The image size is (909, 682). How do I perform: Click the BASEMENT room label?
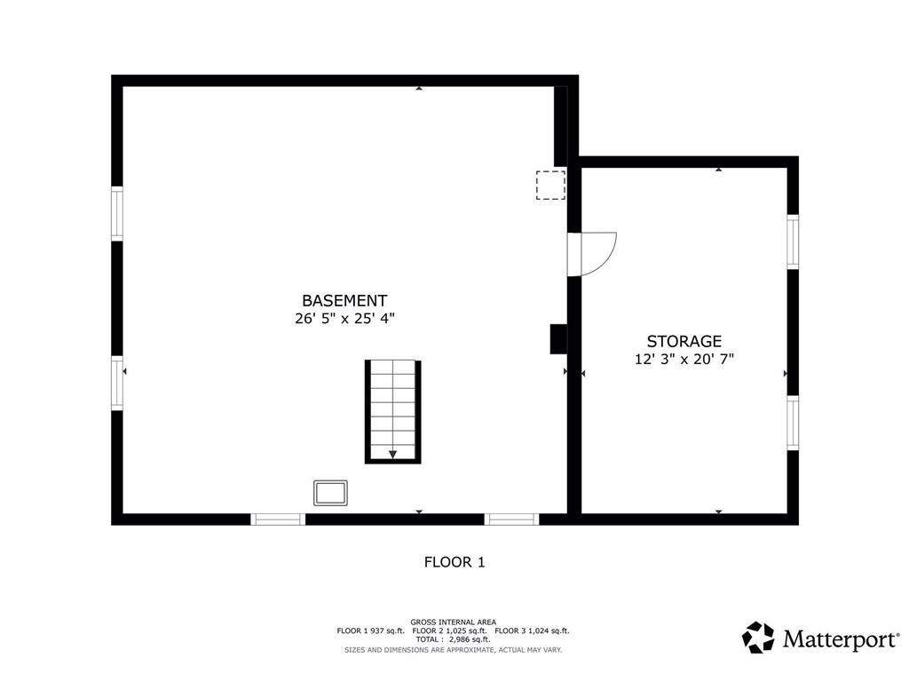click(x=344, y=300)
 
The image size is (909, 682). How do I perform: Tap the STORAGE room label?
click(x=684, y=341)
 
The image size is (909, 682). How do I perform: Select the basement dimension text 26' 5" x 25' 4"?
click(x=344, y=319)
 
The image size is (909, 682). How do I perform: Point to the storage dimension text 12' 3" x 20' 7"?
click(x=684, y=359)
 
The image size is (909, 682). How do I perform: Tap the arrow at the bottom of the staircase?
click(x=393, y=454)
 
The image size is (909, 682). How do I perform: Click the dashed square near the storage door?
click(x=550, y=185)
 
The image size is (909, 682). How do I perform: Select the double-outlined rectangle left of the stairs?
click(x=330, y=493)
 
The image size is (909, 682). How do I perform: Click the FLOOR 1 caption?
click(x=454, y=562)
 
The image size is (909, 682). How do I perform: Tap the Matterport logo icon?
click(x=758, y=638)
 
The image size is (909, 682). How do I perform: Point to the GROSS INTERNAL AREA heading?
click(x=454, y=623)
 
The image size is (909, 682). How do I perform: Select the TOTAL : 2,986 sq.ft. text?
click(x=454, y=639)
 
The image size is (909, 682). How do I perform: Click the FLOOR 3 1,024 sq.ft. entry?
click(x=533, y=631)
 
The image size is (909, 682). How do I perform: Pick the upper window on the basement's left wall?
click(x=117, y=213)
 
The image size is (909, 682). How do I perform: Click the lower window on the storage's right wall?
click(x=793, y=423)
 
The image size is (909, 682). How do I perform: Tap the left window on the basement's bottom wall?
click(x=278, y=519)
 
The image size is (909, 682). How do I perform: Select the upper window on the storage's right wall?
click(x=793, y=242)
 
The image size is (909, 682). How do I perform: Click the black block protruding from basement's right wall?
click(x=558, y=338)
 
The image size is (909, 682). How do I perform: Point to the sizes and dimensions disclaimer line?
click(x=454, y=650)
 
